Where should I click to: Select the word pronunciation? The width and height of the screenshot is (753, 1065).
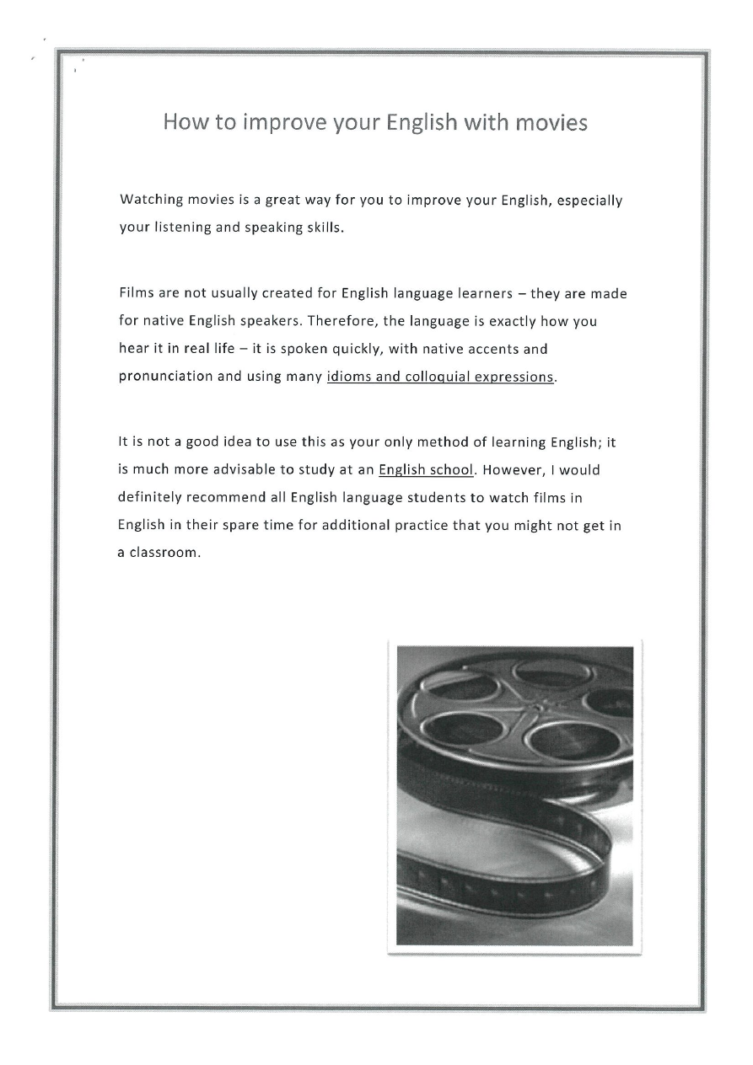click(165, 376)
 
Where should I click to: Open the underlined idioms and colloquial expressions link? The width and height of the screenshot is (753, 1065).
click(441, 376)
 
